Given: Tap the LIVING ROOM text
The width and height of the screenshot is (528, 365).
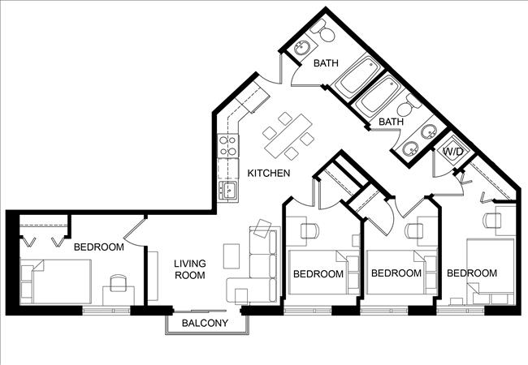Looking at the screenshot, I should coord(189,269).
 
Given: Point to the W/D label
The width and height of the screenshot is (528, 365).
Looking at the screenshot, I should coord(451,151).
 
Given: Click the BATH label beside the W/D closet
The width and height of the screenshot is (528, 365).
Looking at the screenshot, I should coord(392,122).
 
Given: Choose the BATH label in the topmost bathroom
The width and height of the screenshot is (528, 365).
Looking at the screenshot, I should coord(326,62).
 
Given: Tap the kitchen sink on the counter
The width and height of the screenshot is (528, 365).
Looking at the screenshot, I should coord(228,191).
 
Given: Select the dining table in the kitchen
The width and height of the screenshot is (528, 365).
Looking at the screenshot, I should coord(288,135).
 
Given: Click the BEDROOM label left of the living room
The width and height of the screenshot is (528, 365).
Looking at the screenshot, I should coord(98,247).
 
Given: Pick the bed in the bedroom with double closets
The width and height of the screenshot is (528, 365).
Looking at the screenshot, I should coord(57,281).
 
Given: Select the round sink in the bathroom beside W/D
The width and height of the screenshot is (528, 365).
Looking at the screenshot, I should coord(412,148).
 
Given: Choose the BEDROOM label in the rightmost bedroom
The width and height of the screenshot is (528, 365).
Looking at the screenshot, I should coord(471,273).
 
